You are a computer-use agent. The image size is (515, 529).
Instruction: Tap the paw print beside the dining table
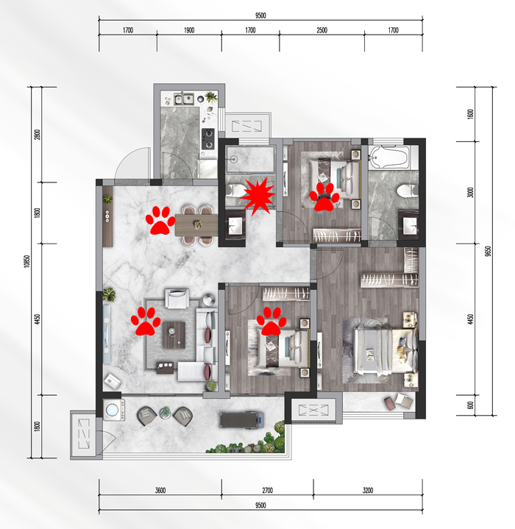point(160,221)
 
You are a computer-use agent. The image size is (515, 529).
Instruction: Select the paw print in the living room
point(146,322)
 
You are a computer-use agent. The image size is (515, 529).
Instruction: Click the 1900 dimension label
point(189,30)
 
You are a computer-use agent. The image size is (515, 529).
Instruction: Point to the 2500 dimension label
point(322,30)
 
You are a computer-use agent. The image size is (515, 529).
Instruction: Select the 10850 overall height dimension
point(27,261)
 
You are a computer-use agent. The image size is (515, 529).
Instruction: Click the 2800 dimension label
point(37,135)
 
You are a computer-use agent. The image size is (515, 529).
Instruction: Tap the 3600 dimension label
point(160,490)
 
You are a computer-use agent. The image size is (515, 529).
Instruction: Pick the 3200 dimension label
point(368,490)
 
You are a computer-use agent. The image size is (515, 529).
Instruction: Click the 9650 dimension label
point(488,252)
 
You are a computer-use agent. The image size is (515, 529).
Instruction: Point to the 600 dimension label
point(470,405)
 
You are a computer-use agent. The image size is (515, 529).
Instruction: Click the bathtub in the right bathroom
point(389,157)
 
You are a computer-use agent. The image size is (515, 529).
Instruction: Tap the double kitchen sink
point(184,99)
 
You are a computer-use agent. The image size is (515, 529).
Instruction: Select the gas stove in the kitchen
point(208,138)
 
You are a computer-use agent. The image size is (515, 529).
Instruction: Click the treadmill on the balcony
point(241,419)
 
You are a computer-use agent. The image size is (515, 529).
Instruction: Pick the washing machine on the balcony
point(113,410)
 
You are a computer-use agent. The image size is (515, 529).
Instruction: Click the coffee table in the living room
point(174,335)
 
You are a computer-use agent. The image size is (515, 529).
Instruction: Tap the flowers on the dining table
point(198,224)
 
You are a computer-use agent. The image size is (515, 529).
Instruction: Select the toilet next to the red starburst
point(236,191)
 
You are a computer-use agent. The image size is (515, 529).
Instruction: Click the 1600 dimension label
point(470,114)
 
